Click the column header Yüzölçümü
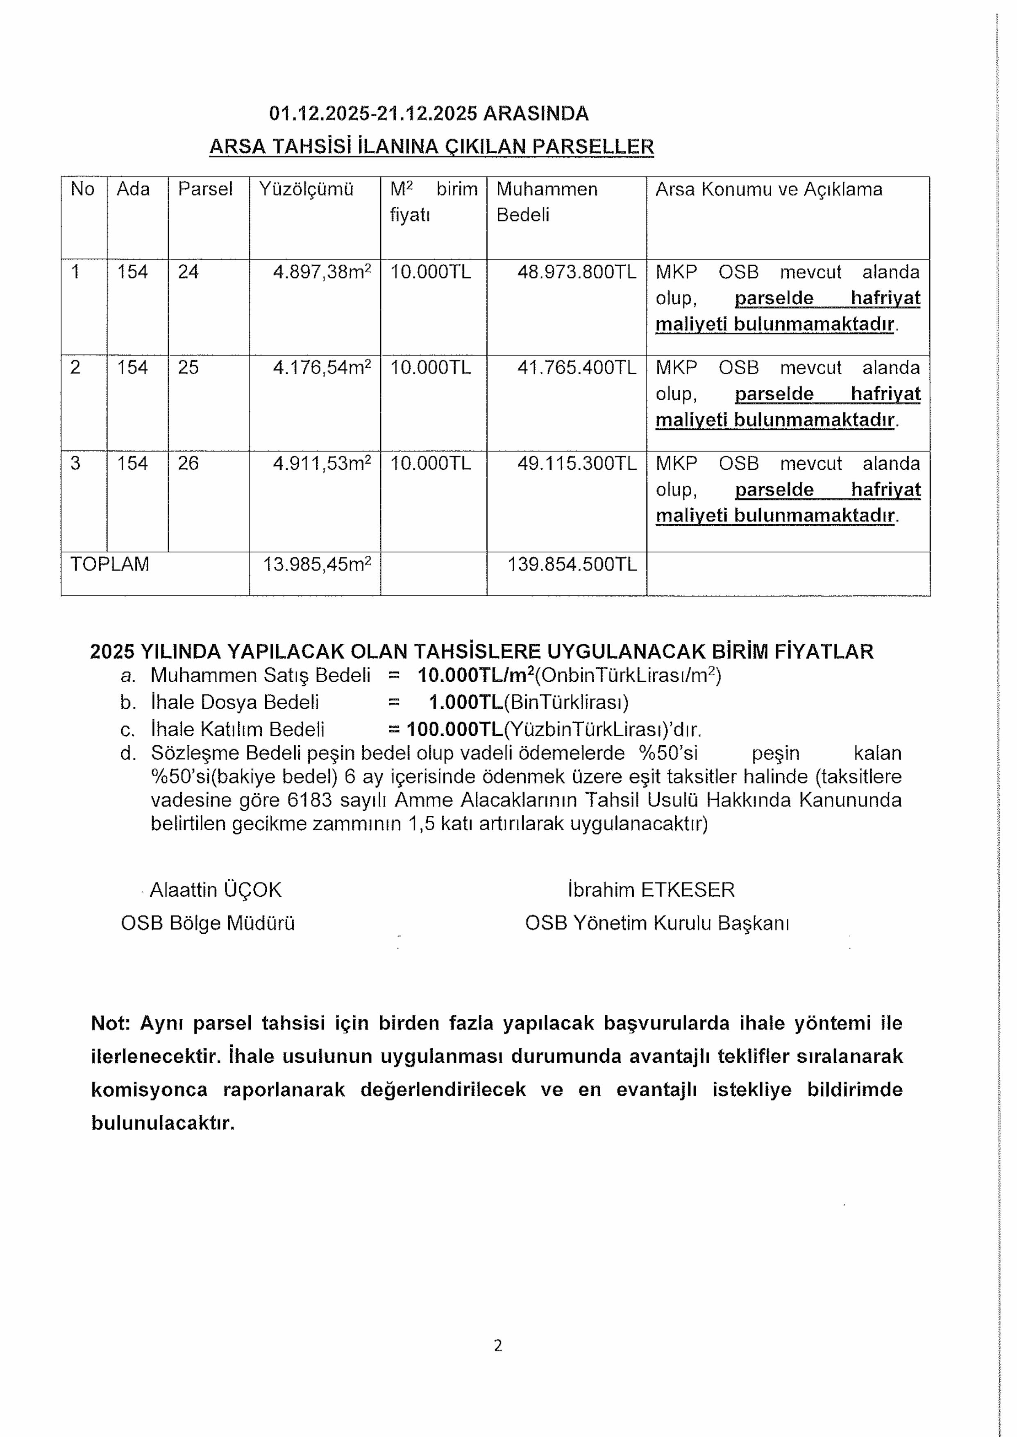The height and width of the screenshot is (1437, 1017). pos(306,189)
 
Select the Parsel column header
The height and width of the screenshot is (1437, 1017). pos(205,189)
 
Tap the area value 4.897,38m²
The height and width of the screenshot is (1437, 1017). pos(322,272)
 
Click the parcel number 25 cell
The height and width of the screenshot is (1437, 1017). pos(188,367)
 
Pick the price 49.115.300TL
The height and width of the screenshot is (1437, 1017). pos(576,464)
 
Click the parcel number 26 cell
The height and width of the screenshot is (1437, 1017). pos(188,464)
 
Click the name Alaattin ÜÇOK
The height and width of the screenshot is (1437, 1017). pos(216,890)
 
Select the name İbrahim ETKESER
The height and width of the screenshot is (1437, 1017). pos(651,890)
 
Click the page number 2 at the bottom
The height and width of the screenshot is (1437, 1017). pos(498,1346)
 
